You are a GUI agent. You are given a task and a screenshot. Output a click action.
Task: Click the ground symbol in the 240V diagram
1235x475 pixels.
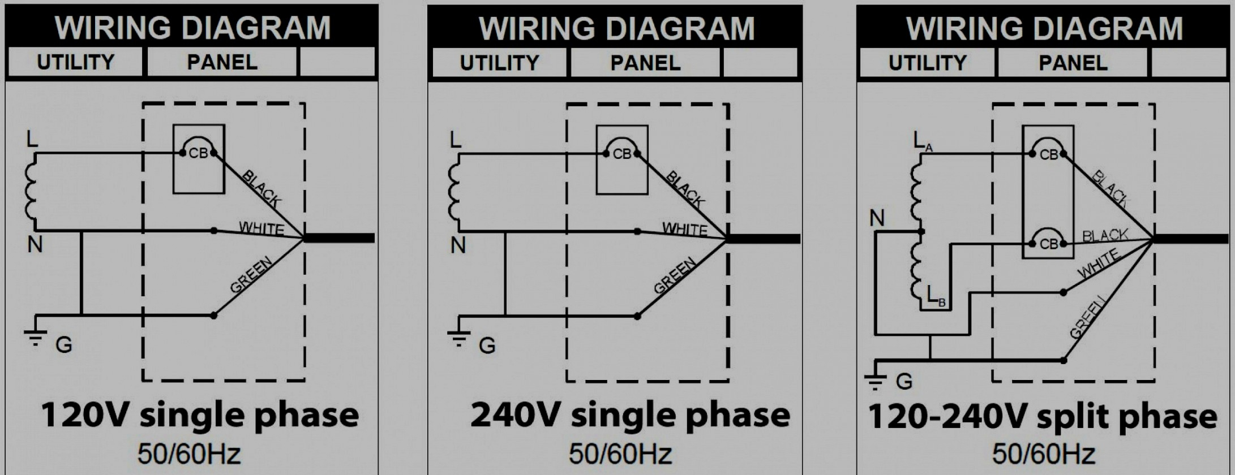(459, 336)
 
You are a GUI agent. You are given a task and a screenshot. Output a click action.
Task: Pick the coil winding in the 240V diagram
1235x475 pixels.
(454, 192)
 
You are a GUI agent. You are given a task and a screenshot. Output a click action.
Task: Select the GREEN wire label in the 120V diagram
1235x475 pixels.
(251, 275)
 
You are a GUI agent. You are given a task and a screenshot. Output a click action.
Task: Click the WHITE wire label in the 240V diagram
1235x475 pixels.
(685, 229)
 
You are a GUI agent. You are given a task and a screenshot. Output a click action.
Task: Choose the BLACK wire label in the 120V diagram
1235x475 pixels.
(261, 188)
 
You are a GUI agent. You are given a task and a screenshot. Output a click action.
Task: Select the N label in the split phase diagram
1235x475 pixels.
(877, 218)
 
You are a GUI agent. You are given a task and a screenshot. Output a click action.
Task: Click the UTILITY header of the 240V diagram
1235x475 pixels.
(499, 63)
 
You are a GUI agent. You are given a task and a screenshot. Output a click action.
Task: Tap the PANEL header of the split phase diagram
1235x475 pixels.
(1073, 63)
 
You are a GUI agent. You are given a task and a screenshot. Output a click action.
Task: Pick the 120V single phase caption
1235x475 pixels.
(200, 415)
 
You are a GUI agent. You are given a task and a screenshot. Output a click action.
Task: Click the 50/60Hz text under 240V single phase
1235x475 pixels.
(620, 454)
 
